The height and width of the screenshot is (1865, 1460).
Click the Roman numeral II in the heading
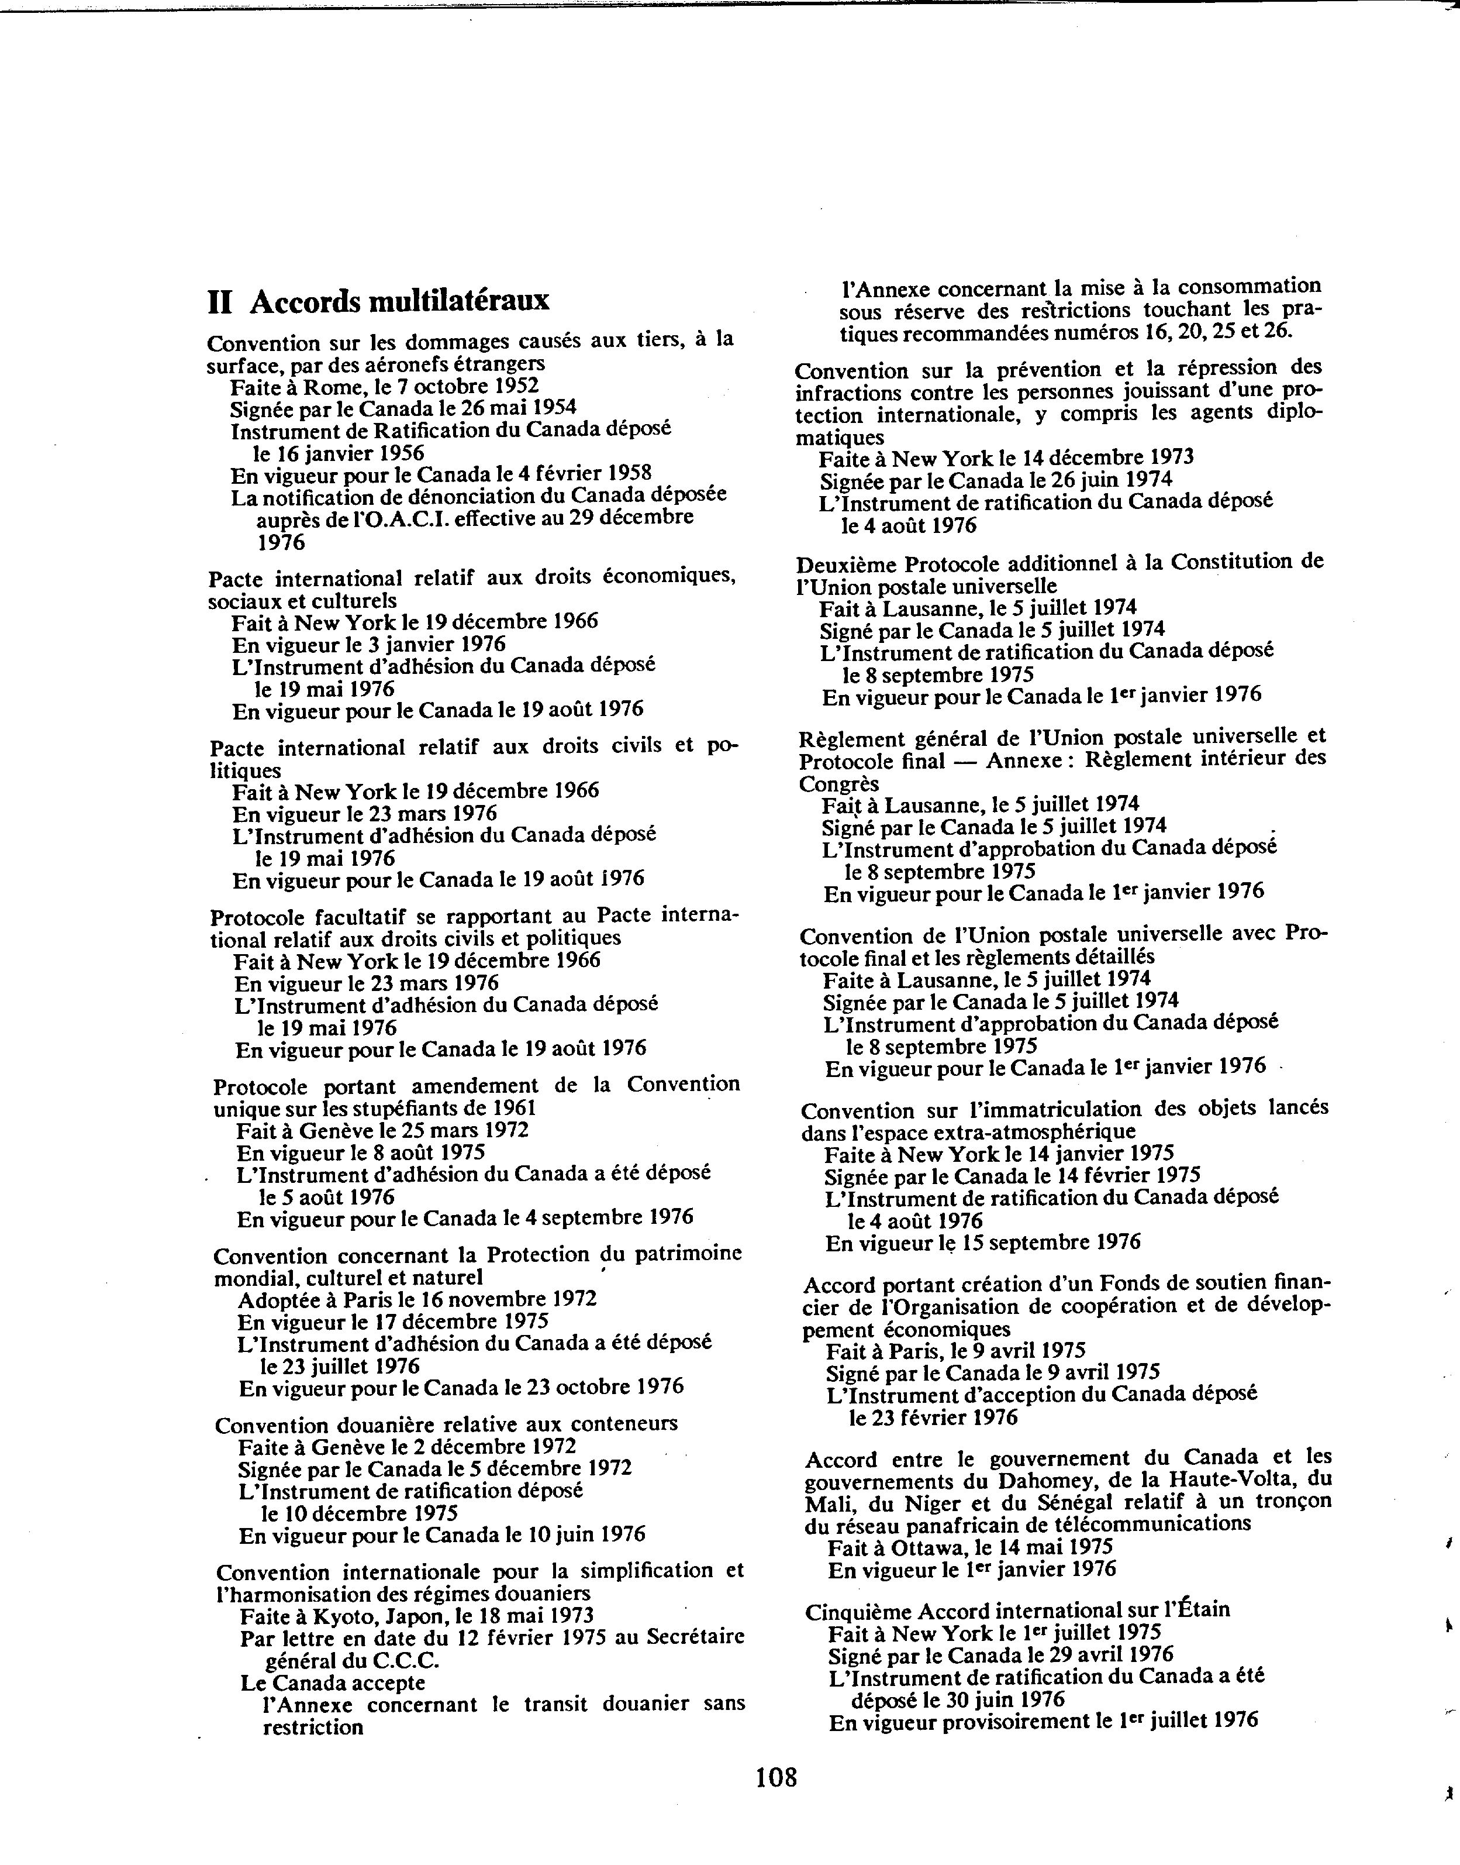[x=220, y=302]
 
